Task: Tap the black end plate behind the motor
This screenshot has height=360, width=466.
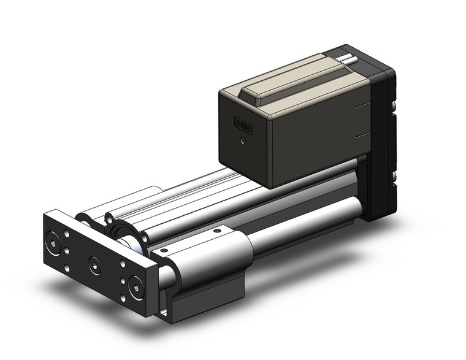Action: [383, 141]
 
